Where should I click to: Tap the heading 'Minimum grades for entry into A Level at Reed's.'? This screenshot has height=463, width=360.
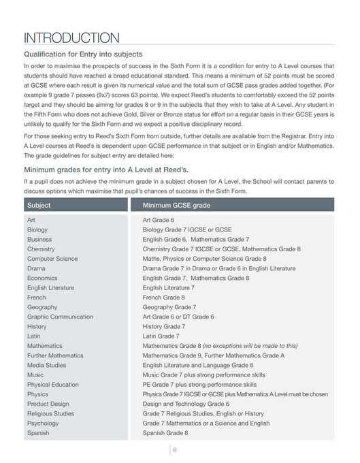coord(105,170)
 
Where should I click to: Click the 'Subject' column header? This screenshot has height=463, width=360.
coord(39,205)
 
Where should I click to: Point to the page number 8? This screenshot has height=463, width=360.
coord(174,449)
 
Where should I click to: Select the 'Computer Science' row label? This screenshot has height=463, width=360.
coord(52,259)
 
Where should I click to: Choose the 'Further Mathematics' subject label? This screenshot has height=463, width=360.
coord(55,355)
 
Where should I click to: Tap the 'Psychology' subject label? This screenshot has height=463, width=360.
coord(44,423)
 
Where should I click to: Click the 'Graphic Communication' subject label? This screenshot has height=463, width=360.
coord(59,317)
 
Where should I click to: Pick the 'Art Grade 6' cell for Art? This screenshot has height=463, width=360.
coord(158,221)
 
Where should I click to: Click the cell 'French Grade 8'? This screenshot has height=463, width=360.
coord(163,298)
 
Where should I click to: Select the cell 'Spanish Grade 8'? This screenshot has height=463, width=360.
coord(165,432)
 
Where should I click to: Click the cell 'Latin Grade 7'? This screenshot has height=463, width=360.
coord(161,336)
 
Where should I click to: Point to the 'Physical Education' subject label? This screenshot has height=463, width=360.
coord(53,385)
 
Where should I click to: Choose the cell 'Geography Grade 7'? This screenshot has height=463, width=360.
coord(169,307)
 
